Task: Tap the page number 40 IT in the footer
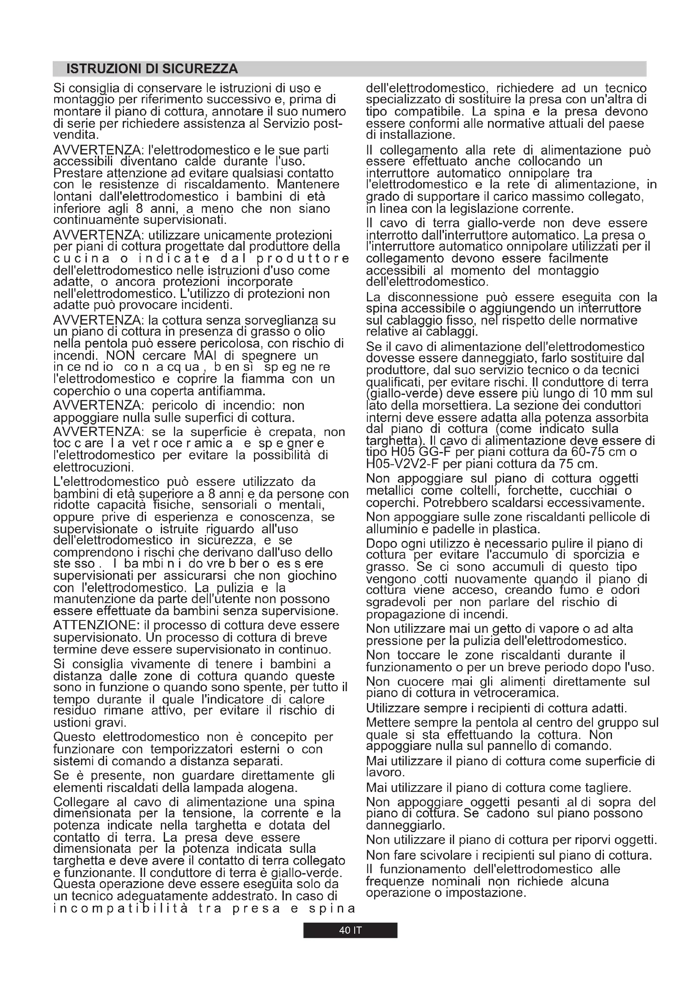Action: (350, 930)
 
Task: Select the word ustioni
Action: (72, 722)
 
